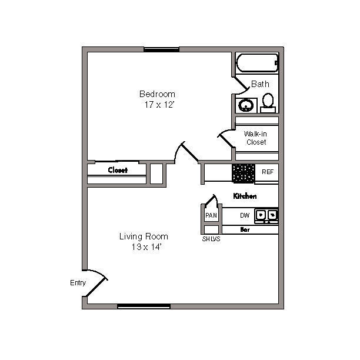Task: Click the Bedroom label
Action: coord(157,94)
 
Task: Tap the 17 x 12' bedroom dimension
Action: coord(159,105)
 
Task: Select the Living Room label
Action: coord(144,236)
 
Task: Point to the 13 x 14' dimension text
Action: coord(146,247)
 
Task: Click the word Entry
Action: coord(78,283)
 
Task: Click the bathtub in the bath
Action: coord(258,63)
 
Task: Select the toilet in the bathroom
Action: coord(268,103)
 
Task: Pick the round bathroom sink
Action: coord(246,105)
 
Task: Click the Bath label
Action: coord(260,84)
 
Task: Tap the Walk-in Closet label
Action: coord(256,138)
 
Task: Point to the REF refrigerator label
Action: coord(268,172)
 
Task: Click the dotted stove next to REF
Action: coord(244,174)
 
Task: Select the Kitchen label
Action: coord(245,196)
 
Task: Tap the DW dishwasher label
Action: coord(245,215)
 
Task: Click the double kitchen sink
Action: coord(266,215)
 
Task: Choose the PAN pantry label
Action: coord(211,215)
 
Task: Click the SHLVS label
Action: coord(211,239)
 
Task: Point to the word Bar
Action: coord(245,229)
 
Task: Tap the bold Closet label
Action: coord(118,170)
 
